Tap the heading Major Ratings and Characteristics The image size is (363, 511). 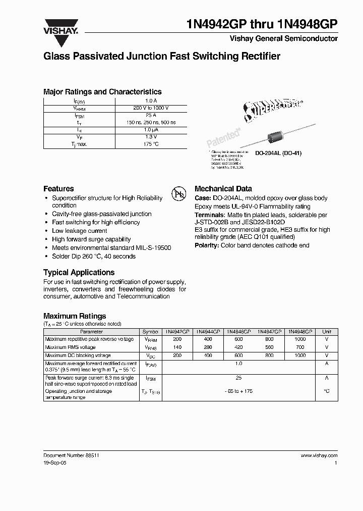point(102,92)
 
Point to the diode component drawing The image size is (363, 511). point(274,137)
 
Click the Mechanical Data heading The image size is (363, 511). point(223,188)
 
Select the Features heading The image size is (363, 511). point(58,188)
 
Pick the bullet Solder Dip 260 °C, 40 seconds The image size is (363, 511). point(94,257)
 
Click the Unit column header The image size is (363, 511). point(327,332)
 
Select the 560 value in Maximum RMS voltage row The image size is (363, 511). point(269,347)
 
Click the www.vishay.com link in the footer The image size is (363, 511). point(319,455)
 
